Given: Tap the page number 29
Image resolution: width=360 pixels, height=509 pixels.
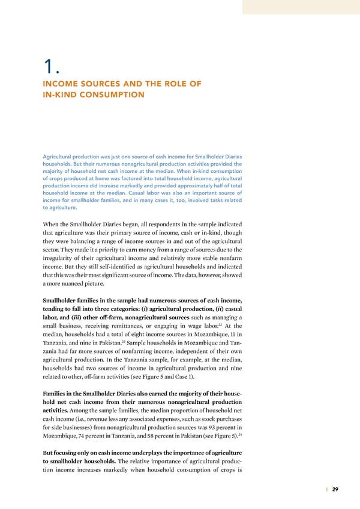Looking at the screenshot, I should point(335,489).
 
